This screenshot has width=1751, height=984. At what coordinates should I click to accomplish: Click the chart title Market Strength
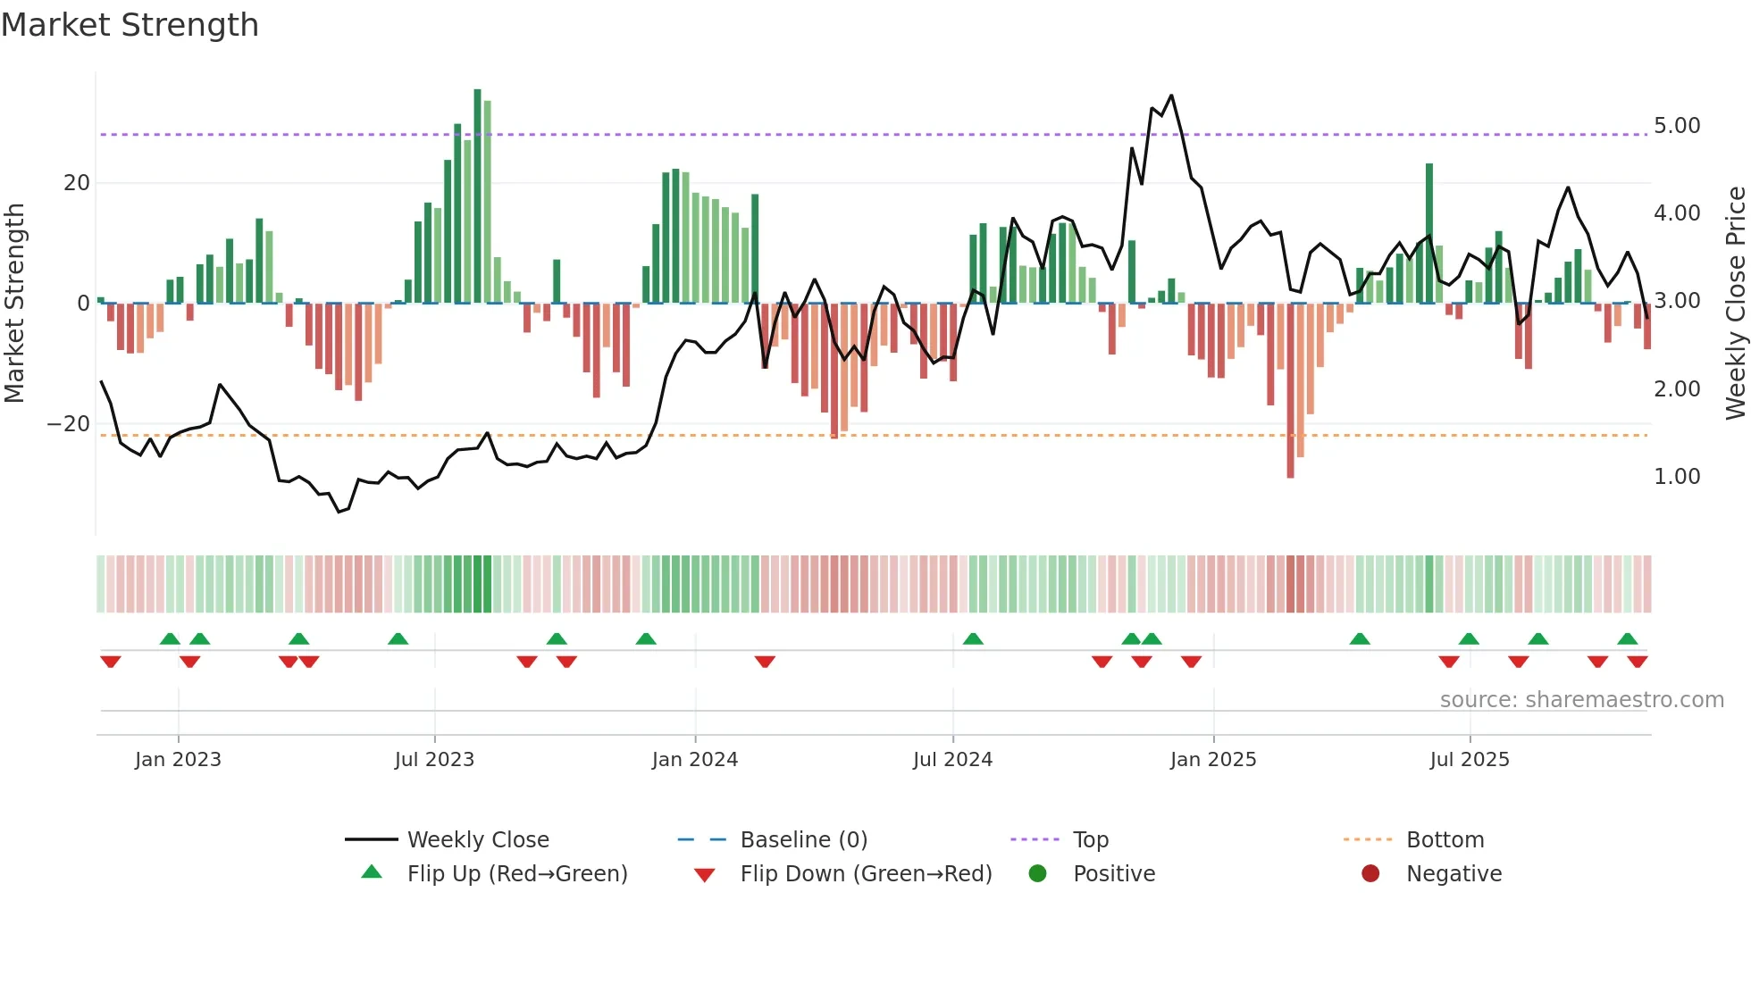(130, 25)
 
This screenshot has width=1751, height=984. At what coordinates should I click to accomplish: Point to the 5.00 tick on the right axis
(1676, 126)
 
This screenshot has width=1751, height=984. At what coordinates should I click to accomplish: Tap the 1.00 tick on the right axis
(1676, 477)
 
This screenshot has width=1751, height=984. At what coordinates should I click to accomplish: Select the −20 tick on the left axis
(69, 424)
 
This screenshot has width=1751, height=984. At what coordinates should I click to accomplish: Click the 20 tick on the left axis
(77, 183)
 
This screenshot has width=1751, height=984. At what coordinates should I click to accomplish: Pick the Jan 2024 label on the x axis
(694, 760)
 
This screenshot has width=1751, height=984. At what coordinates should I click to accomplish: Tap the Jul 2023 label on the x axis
(434, 760)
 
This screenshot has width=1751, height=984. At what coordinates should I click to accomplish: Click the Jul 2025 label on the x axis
(1469, 760)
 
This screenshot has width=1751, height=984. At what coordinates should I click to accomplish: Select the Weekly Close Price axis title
(1735, 303)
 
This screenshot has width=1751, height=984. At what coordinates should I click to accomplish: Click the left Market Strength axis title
(14, 303)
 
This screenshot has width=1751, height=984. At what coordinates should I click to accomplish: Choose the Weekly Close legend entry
(477, 840)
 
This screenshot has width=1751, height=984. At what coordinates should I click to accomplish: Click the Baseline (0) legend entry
(803, 840)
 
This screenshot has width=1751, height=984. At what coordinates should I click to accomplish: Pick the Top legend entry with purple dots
(1090, 840)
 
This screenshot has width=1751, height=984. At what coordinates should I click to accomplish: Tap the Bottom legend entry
(1445, 840)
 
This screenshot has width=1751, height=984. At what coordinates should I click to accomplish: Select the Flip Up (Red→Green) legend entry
(516, 874)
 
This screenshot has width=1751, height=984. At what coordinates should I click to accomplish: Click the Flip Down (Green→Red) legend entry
(865, 874)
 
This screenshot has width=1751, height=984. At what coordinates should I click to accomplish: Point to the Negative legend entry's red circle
(1370, 874)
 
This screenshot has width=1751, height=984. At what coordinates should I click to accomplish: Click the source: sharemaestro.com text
(1581, 700)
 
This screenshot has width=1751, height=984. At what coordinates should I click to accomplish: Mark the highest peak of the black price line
(1171, 96)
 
